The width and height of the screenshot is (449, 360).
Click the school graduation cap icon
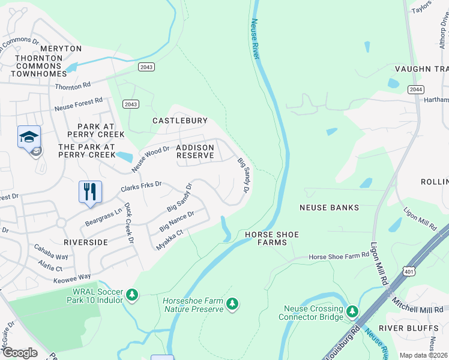click(29, 137)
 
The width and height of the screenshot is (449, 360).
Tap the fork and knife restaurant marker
click(90, 192)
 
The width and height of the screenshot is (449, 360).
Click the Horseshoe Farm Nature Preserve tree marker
click(232, 305)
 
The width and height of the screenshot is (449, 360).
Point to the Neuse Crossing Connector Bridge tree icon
click(352, 311)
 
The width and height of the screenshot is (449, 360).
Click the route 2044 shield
click(415, 89)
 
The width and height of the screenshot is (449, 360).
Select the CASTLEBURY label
click(179, 121)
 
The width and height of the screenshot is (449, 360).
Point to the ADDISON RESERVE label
click(195, 151)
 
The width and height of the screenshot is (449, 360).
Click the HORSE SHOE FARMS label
click(272, 238)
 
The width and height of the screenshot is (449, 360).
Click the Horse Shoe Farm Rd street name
click(339, 257)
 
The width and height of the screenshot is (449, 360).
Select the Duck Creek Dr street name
click(128, 222)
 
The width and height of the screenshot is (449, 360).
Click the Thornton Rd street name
click(73, 86)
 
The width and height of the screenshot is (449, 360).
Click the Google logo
click(20, 352)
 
